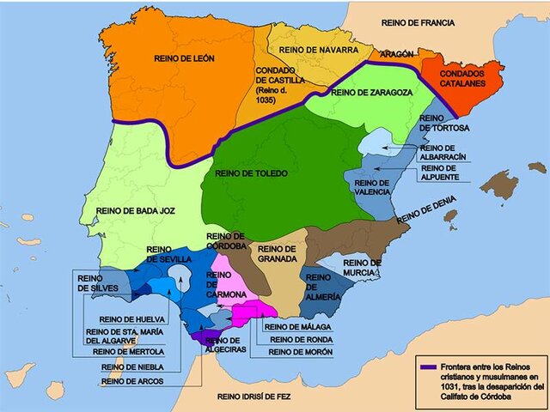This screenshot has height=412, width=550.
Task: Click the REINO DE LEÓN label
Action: (185, 58)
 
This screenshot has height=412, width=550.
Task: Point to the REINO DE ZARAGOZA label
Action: (368, 93)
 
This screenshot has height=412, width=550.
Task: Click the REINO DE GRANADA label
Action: (276, 253)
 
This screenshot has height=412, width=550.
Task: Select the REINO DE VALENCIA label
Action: (372, 188)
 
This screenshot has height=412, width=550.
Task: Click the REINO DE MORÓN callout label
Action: (301, 352)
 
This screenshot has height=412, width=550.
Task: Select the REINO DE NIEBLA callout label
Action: (129, 366)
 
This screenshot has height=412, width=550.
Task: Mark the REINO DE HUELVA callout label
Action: (131, 319)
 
